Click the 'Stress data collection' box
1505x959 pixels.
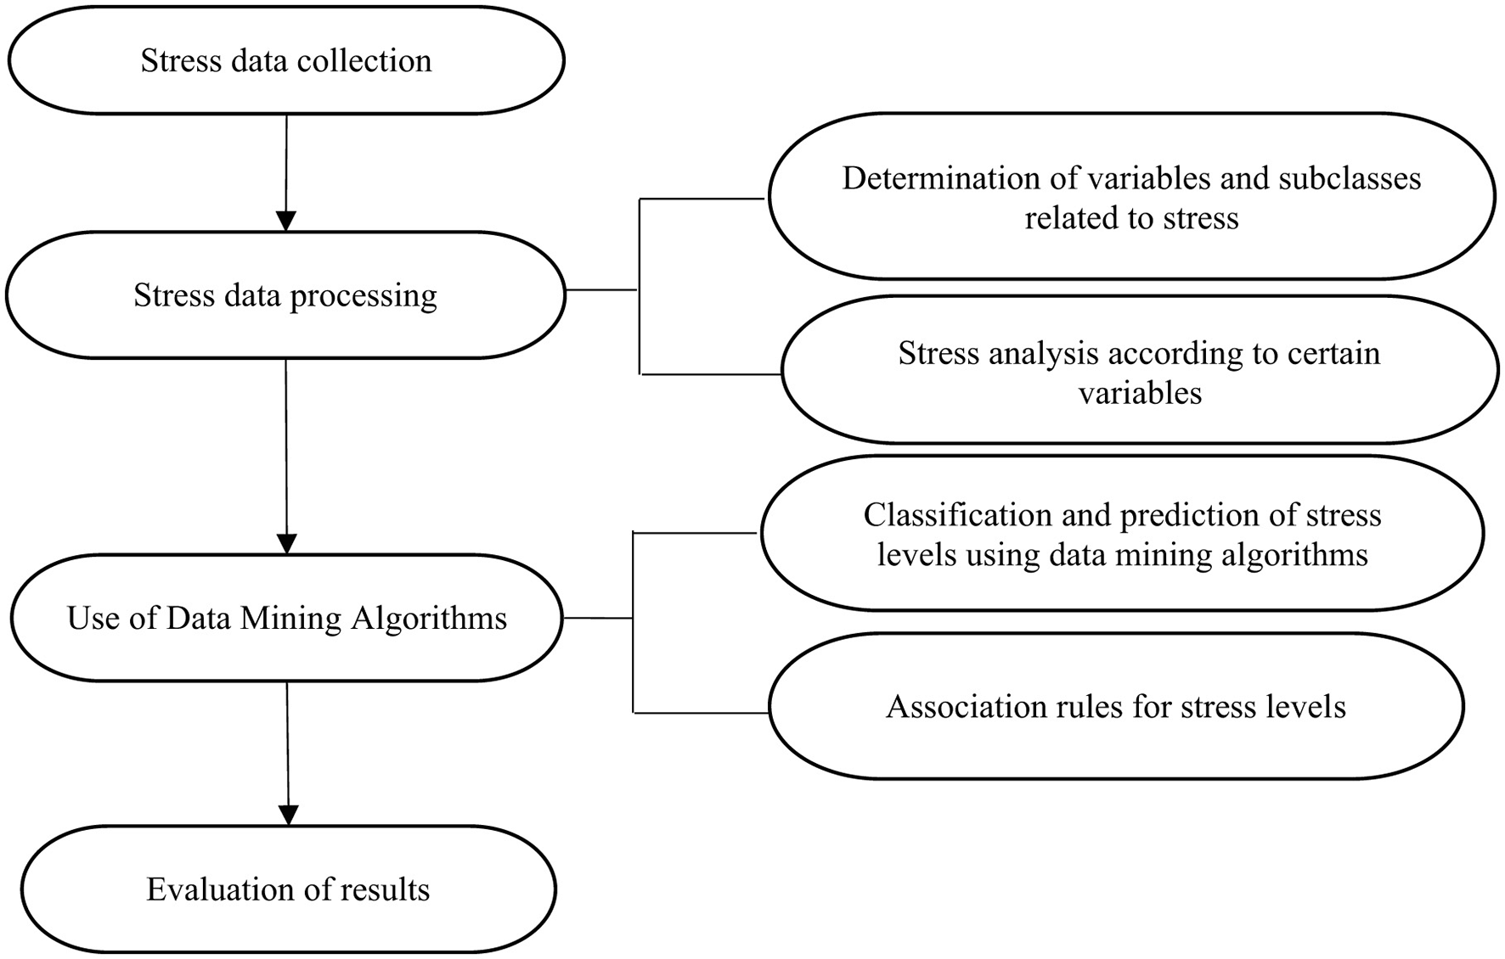click(x=286, y=61)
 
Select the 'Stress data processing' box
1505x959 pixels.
click(x=285, y=295)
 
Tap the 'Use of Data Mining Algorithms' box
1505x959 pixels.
click(x=287, y=618)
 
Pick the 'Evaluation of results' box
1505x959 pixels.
click(x=288, y=889)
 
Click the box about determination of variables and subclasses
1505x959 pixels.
click(x=1131, y=197)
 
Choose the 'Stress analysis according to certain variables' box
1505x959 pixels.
click(x=1140, y=371)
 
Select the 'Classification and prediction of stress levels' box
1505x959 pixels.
click(x=1122, y=534)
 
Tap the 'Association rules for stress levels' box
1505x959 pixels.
click(x=1116, y=707)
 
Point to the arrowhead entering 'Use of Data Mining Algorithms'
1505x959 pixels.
click(x=287, y=543)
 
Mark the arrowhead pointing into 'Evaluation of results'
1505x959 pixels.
click(x=289, y=815)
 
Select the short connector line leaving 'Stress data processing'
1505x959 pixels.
click(x=601, y=290)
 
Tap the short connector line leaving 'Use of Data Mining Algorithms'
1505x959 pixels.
click(x=598, y=619)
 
